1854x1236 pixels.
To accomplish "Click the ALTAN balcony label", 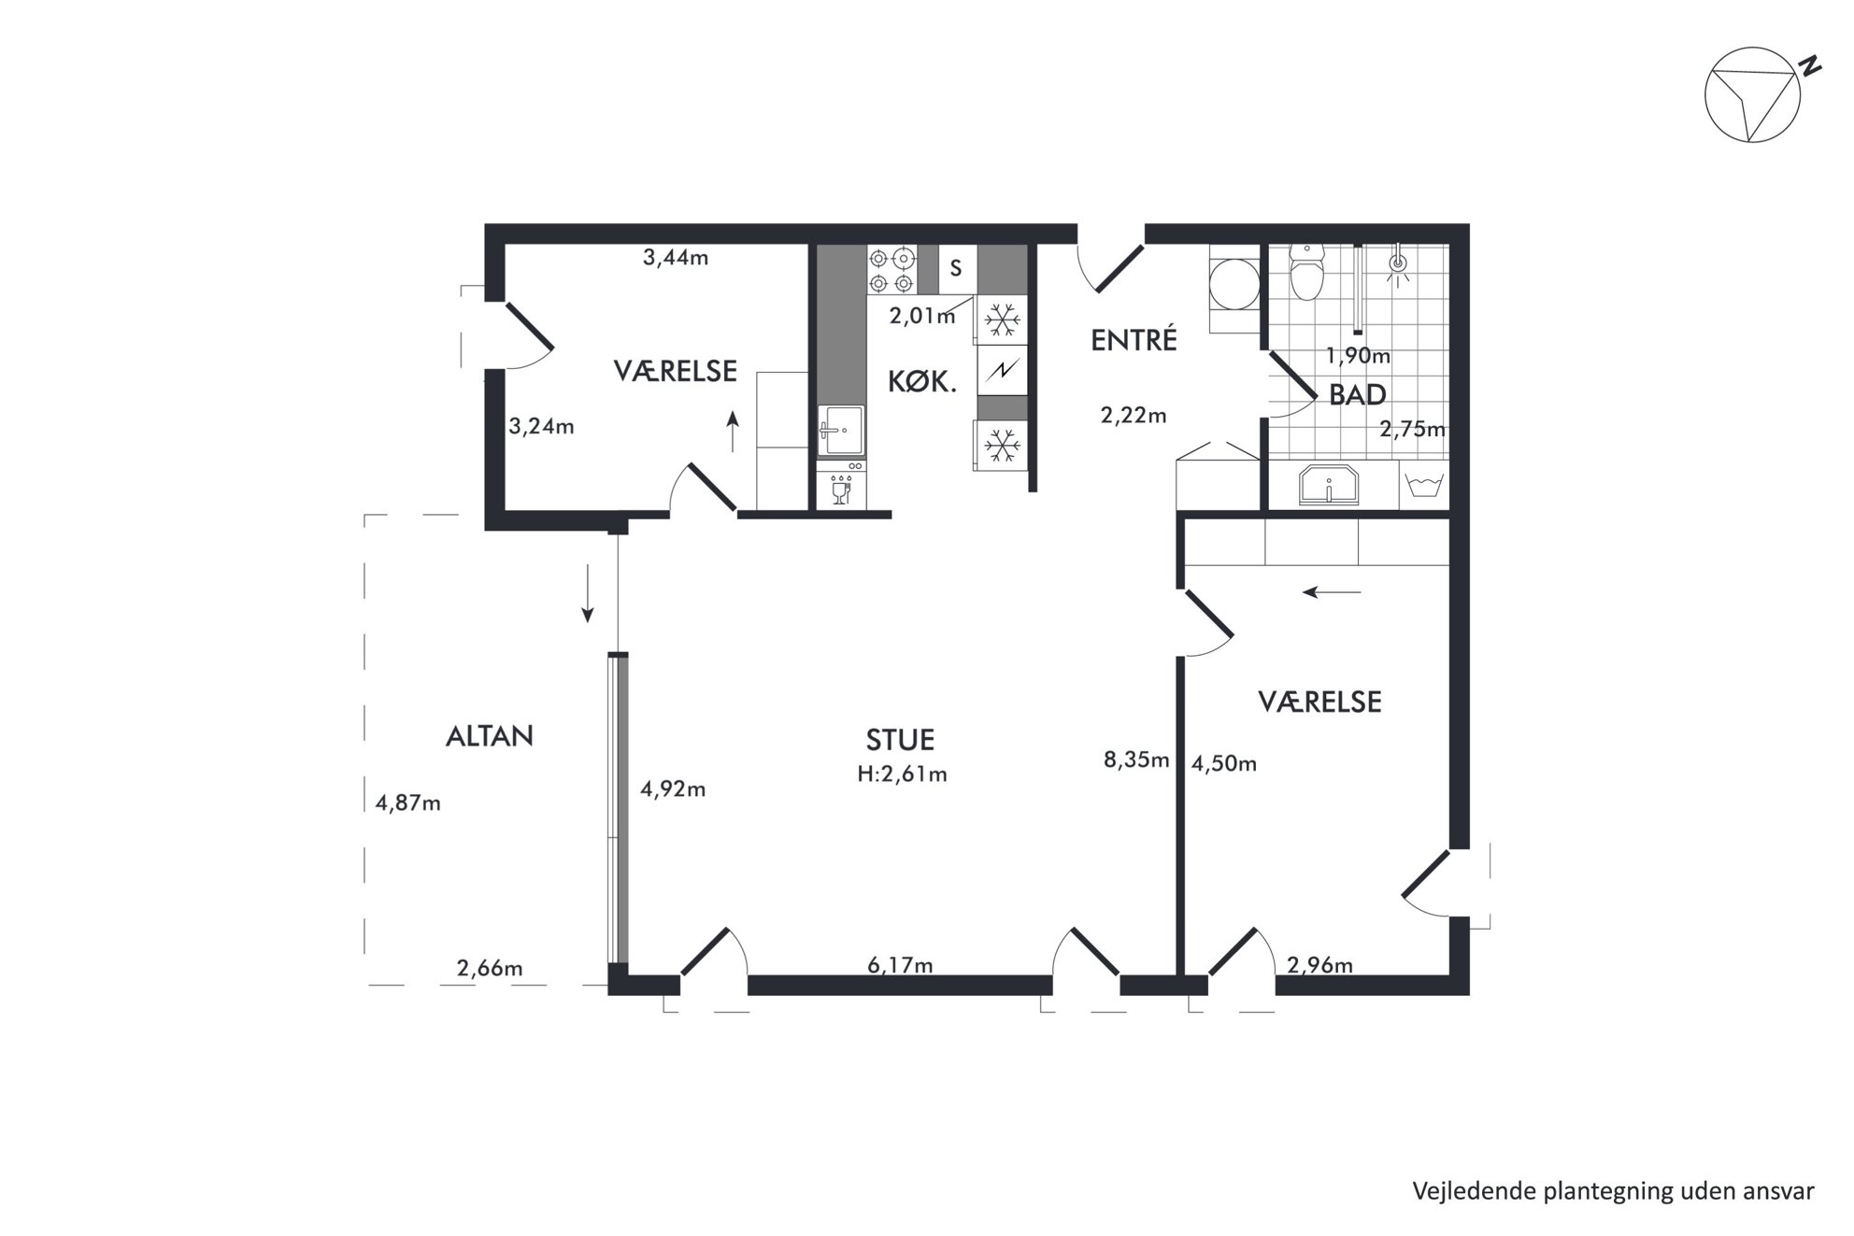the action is point(489,736).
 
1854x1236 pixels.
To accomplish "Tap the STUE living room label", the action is point(900,740).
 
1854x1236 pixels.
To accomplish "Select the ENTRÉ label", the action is point(1134,340).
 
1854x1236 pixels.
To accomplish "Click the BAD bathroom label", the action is point(1357,395).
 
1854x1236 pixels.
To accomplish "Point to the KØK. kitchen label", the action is point(921,381).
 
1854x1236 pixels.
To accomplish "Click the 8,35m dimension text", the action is point(1136,760).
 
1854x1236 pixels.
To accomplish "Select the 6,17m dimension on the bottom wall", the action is point(900,965).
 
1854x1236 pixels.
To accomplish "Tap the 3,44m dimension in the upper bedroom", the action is point(676,257).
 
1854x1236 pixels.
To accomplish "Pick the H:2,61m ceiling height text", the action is point(902,774).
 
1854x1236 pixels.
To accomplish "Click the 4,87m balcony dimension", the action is point(407,803).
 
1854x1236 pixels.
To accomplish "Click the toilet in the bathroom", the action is point(1305,271).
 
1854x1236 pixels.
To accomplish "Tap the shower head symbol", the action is point(1398,263).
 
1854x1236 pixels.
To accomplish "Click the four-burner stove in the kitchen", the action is point(891,270).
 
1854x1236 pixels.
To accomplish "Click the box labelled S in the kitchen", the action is point(956,269).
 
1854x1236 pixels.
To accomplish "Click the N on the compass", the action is point(1811,65).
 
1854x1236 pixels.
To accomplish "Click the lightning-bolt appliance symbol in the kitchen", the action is point(1003,371).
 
